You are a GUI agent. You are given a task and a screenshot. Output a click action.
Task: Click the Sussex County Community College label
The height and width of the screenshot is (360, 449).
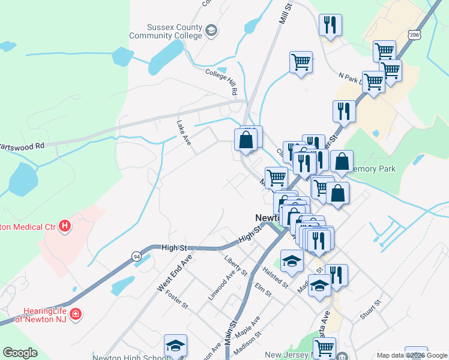174,31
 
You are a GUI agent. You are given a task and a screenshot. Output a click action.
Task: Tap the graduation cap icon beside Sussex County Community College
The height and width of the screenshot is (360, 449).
211,31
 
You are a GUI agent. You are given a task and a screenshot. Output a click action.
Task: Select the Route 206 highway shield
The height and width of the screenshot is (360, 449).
414,36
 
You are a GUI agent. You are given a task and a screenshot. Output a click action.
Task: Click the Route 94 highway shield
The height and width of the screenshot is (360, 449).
137,256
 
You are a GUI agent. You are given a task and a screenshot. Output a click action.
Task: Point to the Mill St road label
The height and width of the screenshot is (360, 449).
285,14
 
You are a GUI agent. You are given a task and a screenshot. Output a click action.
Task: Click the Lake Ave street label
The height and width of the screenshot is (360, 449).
183,132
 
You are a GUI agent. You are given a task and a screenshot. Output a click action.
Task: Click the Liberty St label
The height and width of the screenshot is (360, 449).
235,265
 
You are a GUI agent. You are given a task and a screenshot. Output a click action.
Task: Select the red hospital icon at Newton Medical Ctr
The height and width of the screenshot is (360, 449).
65,227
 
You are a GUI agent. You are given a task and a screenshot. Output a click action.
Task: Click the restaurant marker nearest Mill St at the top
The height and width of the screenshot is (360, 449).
330,25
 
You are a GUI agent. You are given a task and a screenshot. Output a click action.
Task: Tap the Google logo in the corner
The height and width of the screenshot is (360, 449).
20,353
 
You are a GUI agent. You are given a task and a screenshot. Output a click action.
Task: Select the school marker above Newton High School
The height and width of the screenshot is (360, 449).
175,346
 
